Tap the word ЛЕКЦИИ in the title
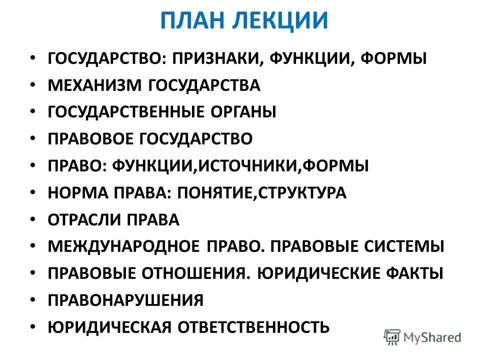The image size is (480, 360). point(280,20)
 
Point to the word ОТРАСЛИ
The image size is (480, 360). point(85,219)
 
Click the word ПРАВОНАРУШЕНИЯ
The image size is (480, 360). point(125,300)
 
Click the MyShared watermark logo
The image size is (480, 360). point(422,336)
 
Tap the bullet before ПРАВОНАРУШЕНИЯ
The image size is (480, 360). point(32,300)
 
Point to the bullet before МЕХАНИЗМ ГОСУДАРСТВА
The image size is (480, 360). point(32,85)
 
